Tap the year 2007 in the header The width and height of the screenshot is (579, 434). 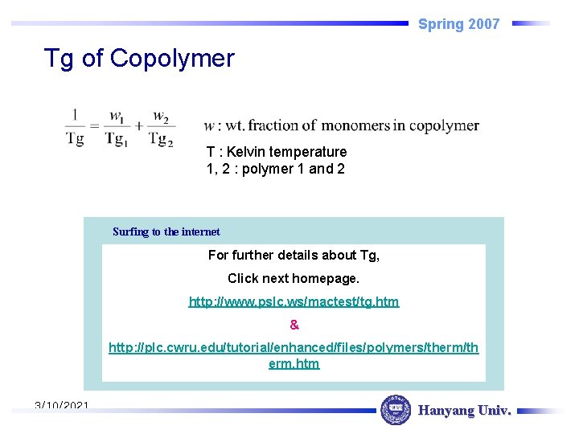[x=484, y=24]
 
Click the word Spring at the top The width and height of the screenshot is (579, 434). [x=441, y=24]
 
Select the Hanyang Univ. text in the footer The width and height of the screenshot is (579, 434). [x=464, y=411]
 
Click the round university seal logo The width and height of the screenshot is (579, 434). [x=395, y=410]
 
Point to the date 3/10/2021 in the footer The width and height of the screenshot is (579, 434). [x=62, y=407]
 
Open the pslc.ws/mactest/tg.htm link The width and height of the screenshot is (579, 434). [x=294, y=301]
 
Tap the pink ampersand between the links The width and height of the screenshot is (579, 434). [x=294, y=325]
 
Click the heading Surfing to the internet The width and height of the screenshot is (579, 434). [x=166, y=231]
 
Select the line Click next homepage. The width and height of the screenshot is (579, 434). [x=294, y=278]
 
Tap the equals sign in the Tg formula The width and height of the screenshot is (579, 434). [x=95, y=126]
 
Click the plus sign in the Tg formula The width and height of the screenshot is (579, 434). [x=138, y=126]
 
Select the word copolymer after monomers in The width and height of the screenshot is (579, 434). [x=445, y=125]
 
